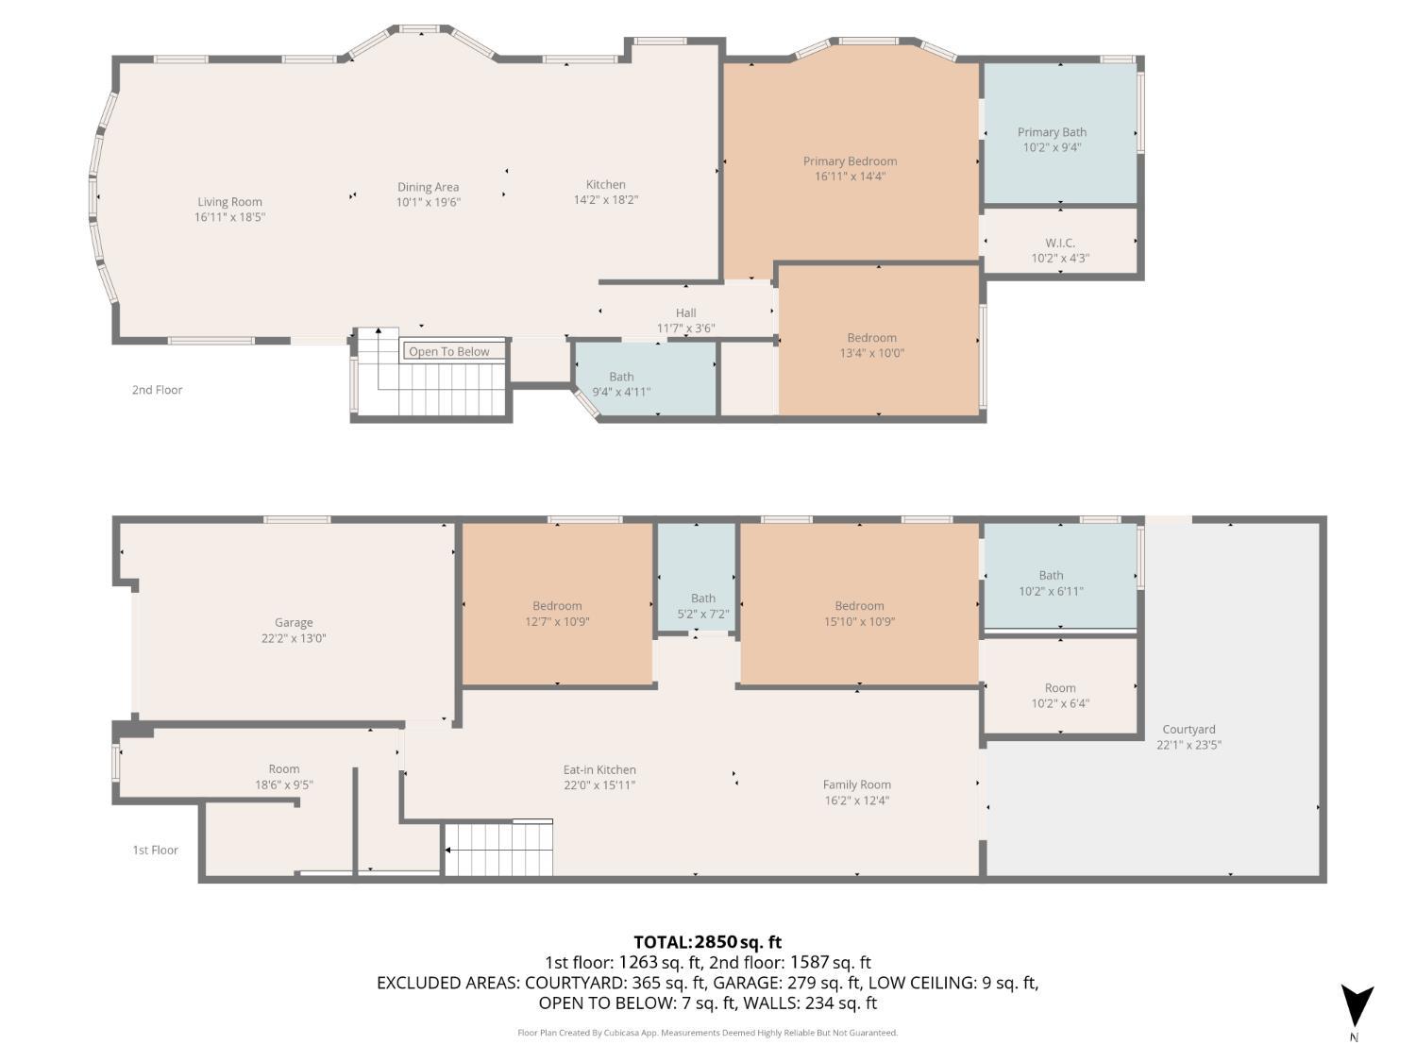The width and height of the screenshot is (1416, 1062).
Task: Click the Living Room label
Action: pyautogui.click(x=229, y=202)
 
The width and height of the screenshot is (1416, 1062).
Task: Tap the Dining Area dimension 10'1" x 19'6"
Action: pyautogui.click(x=429, y=202)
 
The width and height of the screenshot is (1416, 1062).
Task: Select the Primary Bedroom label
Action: pyautogui.click(x=850, y=161)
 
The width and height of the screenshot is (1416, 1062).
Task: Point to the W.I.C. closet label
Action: pyautogui.click(x=1060, y=244)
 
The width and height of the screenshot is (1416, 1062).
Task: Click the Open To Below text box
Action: pyautogui.click(x=449, y=352)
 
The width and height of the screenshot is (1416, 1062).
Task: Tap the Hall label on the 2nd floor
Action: pyautogui.click(x=686, y=313)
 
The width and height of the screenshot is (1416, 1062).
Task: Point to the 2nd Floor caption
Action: pyautogui.click(x=157, y=390)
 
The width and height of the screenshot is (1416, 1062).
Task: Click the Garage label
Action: pyautogui.click(x=294, y=623)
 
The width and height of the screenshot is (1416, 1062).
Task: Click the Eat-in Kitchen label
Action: pyautogui.click(x=599, y=770)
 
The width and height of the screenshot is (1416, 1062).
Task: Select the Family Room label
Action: pyautogui.click(x=856, y=785)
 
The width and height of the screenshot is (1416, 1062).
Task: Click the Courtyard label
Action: pyautogui.click(x=1188, y=730)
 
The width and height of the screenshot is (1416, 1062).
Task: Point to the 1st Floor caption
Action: pyautogui.click(x=155, y=851)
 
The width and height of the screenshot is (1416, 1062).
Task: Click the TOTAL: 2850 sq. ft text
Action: pyautogui.click(x=707, y=942)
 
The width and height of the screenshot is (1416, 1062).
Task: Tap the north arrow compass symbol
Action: pyautogui.click(x=1357, y=1006)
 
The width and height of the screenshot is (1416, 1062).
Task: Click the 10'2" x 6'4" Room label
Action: pyautogui.click(x=1060, y=696)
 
